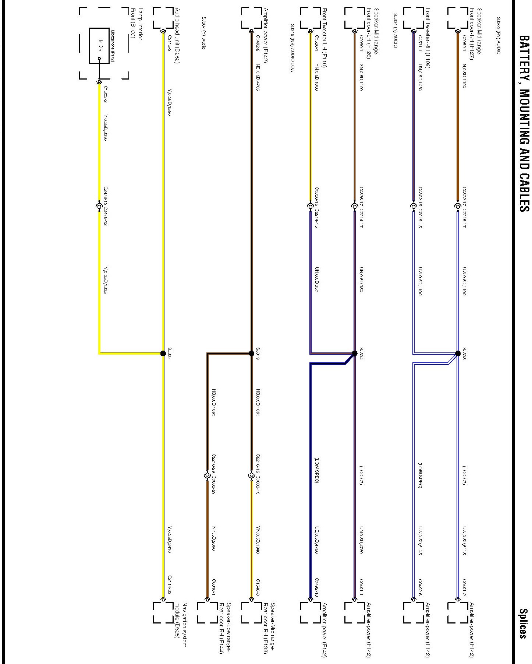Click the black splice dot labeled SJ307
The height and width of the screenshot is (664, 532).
click(163, 354)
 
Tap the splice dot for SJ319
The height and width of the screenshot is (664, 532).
click(252, 354)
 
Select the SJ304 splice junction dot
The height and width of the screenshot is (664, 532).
click(355, 354)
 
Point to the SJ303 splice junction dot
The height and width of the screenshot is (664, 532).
click(458, 354)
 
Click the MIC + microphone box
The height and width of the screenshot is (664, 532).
click(99, 46)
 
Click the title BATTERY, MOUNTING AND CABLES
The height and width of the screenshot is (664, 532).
click(524, 123)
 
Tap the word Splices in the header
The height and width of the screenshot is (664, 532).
click(524, 623)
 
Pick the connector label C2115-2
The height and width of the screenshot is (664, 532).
click(169, 43)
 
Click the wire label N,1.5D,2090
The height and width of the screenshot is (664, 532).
click(213, 538)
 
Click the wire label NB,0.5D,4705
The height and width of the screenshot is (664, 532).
click(258, 78)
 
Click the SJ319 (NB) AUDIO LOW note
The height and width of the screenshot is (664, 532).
click(292, 48)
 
